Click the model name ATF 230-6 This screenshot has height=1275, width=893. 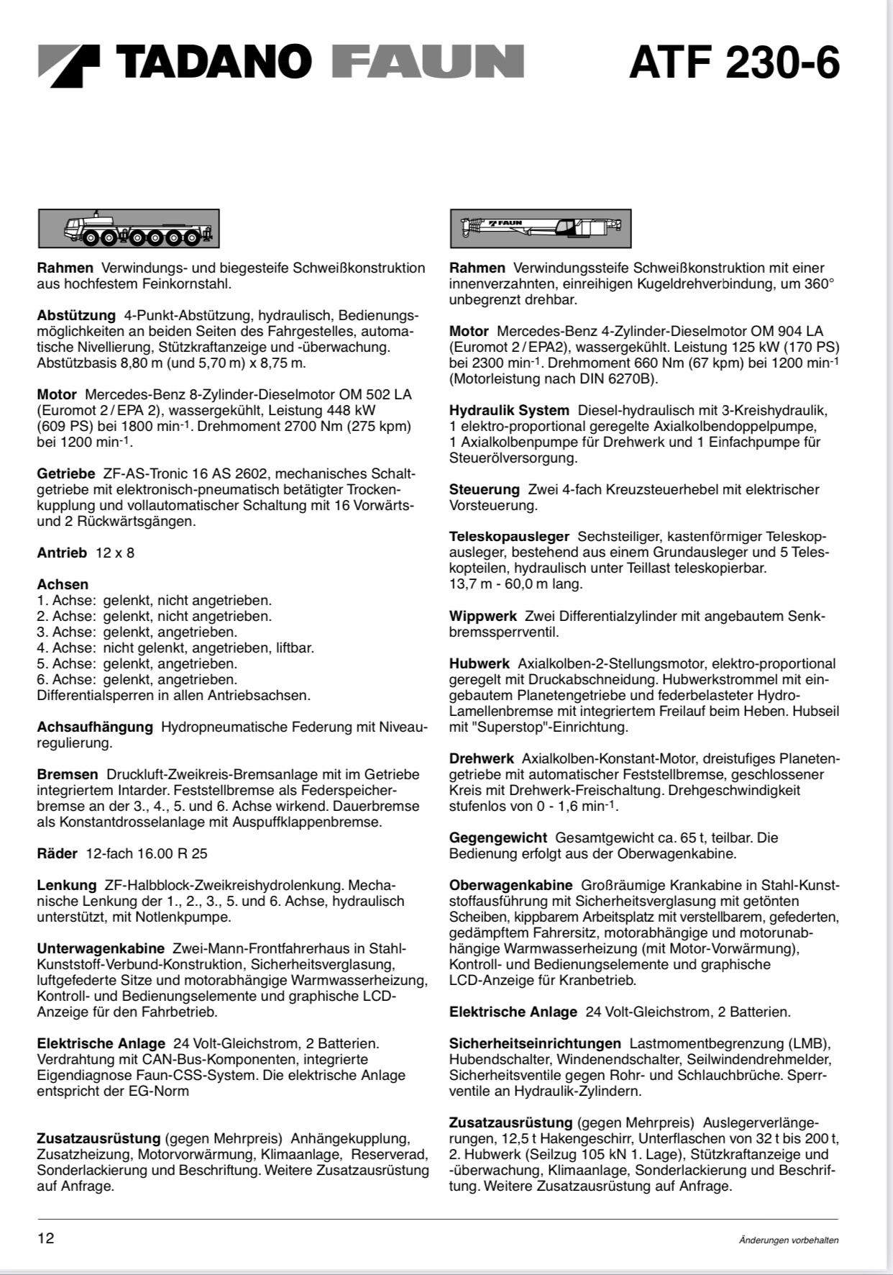point(733,63)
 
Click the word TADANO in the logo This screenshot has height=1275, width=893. point(214,62)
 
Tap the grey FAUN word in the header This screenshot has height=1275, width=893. point(428,62)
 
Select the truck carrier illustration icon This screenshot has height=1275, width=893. point(129,229)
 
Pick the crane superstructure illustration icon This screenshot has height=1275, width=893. point(541,229)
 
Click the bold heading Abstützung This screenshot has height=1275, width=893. point(76,315)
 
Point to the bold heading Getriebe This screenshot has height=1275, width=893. point(66,473)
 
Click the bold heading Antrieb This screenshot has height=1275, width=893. point(62,553)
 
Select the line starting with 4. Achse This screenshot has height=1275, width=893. point(175,648)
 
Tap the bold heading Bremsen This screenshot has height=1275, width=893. point(68,774)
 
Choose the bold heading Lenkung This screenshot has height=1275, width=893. point(67,885)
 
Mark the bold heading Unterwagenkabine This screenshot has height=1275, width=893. point(101,948)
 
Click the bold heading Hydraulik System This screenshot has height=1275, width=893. point(509,410)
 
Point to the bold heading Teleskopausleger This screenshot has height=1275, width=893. point(509,537)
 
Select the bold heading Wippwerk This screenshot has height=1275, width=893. point(483,616)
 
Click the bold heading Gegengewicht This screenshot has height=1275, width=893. point(498,838)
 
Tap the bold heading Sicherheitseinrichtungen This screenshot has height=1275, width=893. point(535,1043)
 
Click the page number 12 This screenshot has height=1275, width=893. point(45,1238)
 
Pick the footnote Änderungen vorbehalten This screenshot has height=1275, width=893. point(788,1240)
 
